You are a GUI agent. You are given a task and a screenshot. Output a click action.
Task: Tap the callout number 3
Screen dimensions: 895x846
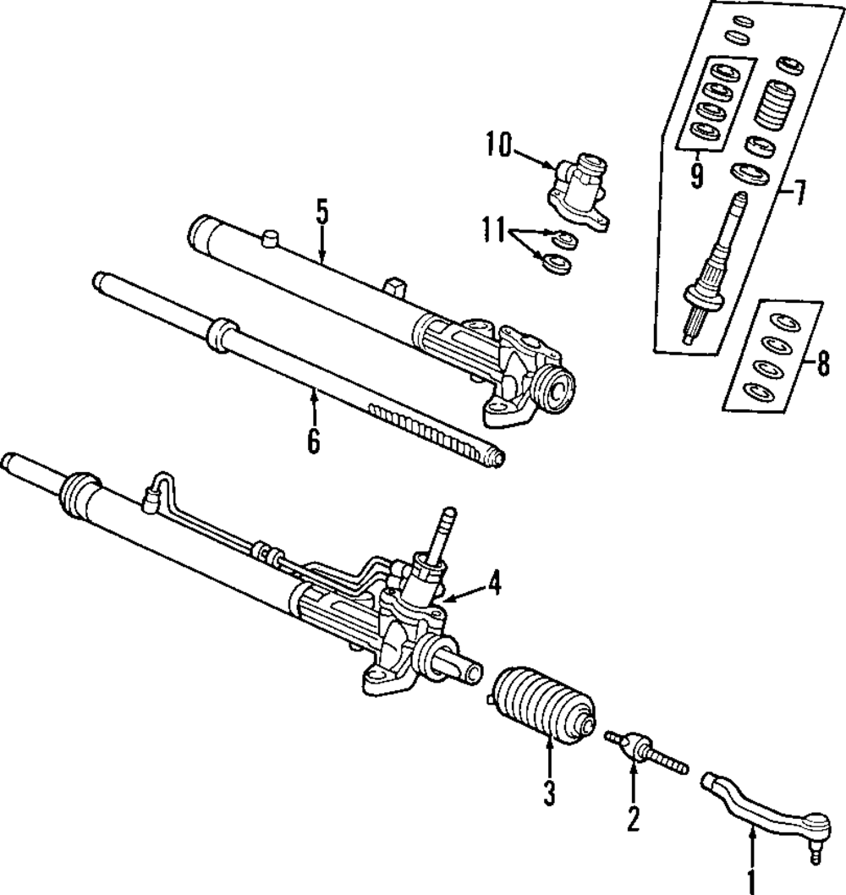pyautogui.click(x=549, y=793)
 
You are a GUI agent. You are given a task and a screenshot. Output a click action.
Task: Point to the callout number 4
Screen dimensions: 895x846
pyautogui.click(x=492, y=584)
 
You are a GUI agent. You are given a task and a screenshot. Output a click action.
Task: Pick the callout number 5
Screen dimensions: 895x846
pyautogui.click(x=321, y=211)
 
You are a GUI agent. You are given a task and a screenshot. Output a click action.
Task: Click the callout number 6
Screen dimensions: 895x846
pyautogui.click(x=314, y=441)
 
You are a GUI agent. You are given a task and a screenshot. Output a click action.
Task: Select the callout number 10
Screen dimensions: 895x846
pyautogui.click(x=498, y=146)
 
